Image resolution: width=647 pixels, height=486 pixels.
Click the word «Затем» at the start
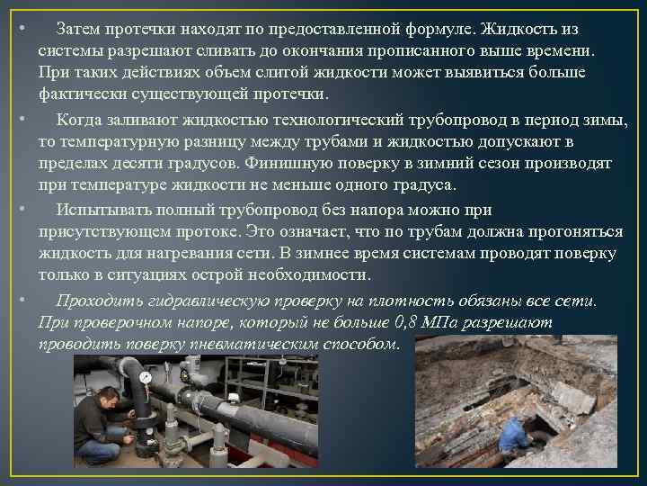[x=78, y=29]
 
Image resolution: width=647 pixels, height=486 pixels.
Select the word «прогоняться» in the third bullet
[x=575, y=231]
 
